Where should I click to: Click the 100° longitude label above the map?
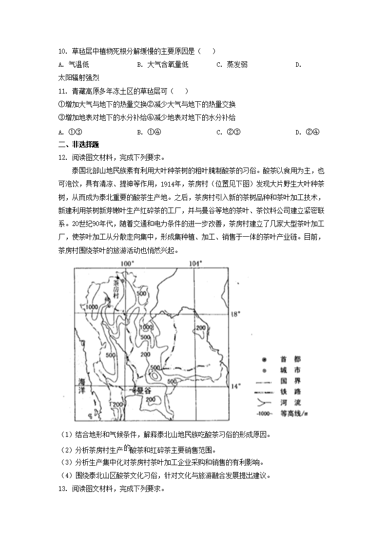point(127,264)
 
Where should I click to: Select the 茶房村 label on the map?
point(116,288)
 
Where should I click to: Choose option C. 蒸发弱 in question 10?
point(232,64)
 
